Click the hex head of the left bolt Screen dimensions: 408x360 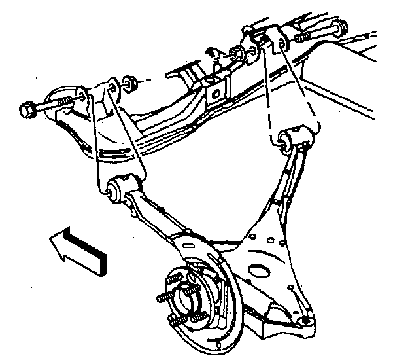pos(28,109)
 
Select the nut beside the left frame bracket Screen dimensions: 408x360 pos(129,83)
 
